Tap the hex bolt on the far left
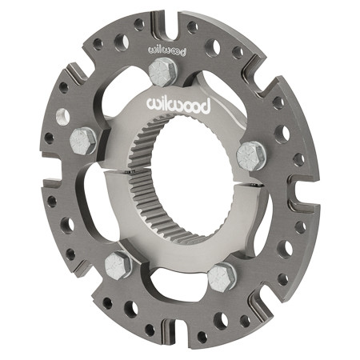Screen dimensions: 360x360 [82, 142]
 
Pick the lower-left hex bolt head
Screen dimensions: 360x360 [117, 263]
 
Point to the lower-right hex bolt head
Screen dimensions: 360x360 [222, 277]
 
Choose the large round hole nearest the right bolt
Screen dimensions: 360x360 [282, 132]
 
